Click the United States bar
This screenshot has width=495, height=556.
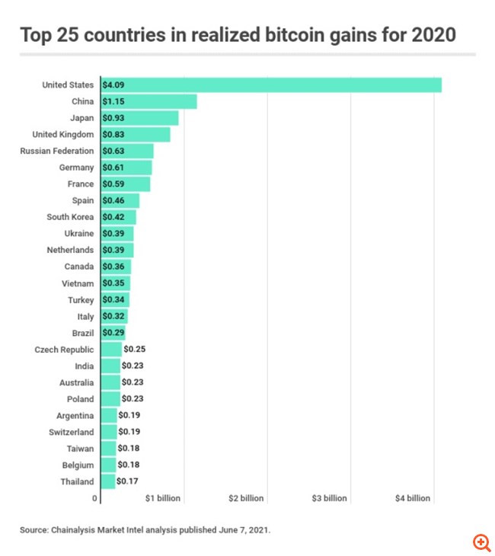click(x=270, y=85)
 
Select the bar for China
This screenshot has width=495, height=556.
click(x=148, y=101)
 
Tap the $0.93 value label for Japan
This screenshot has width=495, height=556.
click(x=114, y=118)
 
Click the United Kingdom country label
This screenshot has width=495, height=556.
click(x=63, y=134)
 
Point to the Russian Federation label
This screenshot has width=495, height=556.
click(x=57, y=151)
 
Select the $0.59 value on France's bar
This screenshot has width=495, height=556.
click(x=114, y=184)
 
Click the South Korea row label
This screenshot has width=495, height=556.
click(x=70, y=217)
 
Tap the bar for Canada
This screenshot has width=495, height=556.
click(x=116, y=267)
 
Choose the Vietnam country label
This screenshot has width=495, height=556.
click(x=78, y=283)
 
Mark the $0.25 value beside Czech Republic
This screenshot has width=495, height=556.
click(x=134, y=350)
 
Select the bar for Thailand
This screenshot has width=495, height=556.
click(x=107, y=481)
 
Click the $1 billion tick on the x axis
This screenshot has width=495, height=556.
click(x=163, y=498)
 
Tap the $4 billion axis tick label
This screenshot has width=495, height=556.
click(x=413, y=498)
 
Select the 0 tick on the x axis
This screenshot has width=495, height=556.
click(x=95, y=498)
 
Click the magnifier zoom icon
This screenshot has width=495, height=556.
click(x=481, y=542)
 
